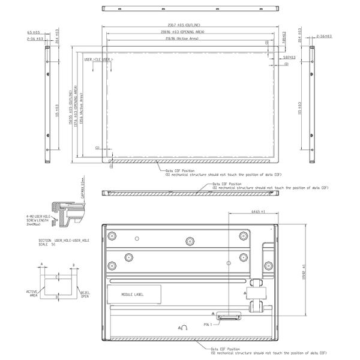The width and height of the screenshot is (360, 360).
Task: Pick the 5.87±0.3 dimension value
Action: coord(288,57)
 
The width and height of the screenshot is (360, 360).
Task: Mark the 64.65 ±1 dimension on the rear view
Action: coord(259,212)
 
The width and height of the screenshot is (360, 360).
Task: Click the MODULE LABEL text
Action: coord(133,295)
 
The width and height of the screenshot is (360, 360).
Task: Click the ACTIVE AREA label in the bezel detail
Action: coord(32,292)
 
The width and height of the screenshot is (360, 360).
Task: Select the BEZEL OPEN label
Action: coord(85,295)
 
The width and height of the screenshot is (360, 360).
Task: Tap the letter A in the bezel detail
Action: coord(41,263)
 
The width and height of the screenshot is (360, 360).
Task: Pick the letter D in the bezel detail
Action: coord(57,296)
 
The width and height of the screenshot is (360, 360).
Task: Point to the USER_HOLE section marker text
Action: coord(98,60)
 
